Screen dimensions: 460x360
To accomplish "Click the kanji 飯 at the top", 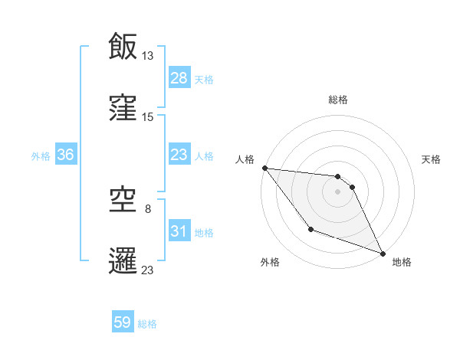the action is pyautogui.click(x=123, y=46).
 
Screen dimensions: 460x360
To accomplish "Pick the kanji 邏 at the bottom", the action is pyautogui.click(x=123, y=260).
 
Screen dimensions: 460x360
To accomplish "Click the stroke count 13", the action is pyautogui.click(x=148, y=55).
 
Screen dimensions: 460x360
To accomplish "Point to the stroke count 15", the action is pyautogui.click(x=148, y=116).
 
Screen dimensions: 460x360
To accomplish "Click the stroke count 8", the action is pyautogui.click(x=148, y=208).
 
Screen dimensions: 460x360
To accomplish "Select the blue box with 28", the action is pyautogui.click(x=179, y=78).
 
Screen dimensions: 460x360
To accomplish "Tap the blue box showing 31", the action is pyautogui.click(x=179, y=231).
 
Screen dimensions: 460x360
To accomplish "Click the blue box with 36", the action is pyautogui.click(x=66, y=155).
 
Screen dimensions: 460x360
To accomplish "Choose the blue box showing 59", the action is pyautogui.click(x=123, y=323).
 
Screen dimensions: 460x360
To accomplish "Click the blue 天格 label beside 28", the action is pyautogui.click(x=204, y=79).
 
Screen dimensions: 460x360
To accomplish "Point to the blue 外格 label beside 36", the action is pyautogui.click(x=41, y=155).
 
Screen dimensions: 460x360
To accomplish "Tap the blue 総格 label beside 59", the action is pyautogui.click(x=147, y=324).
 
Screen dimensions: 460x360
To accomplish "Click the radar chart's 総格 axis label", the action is pyautogui.click(x=338, y=100).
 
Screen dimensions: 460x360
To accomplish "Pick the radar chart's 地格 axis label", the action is pyautogui.click(x=402, y=262).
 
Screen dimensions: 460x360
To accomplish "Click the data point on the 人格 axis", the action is pyautogui.click(x=264, y=168).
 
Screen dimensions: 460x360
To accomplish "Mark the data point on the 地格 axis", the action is pyautogui.click(x=383, y=254).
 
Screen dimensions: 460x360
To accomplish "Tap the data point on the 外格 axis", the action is pyautogui.click(x=310, y=229).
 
